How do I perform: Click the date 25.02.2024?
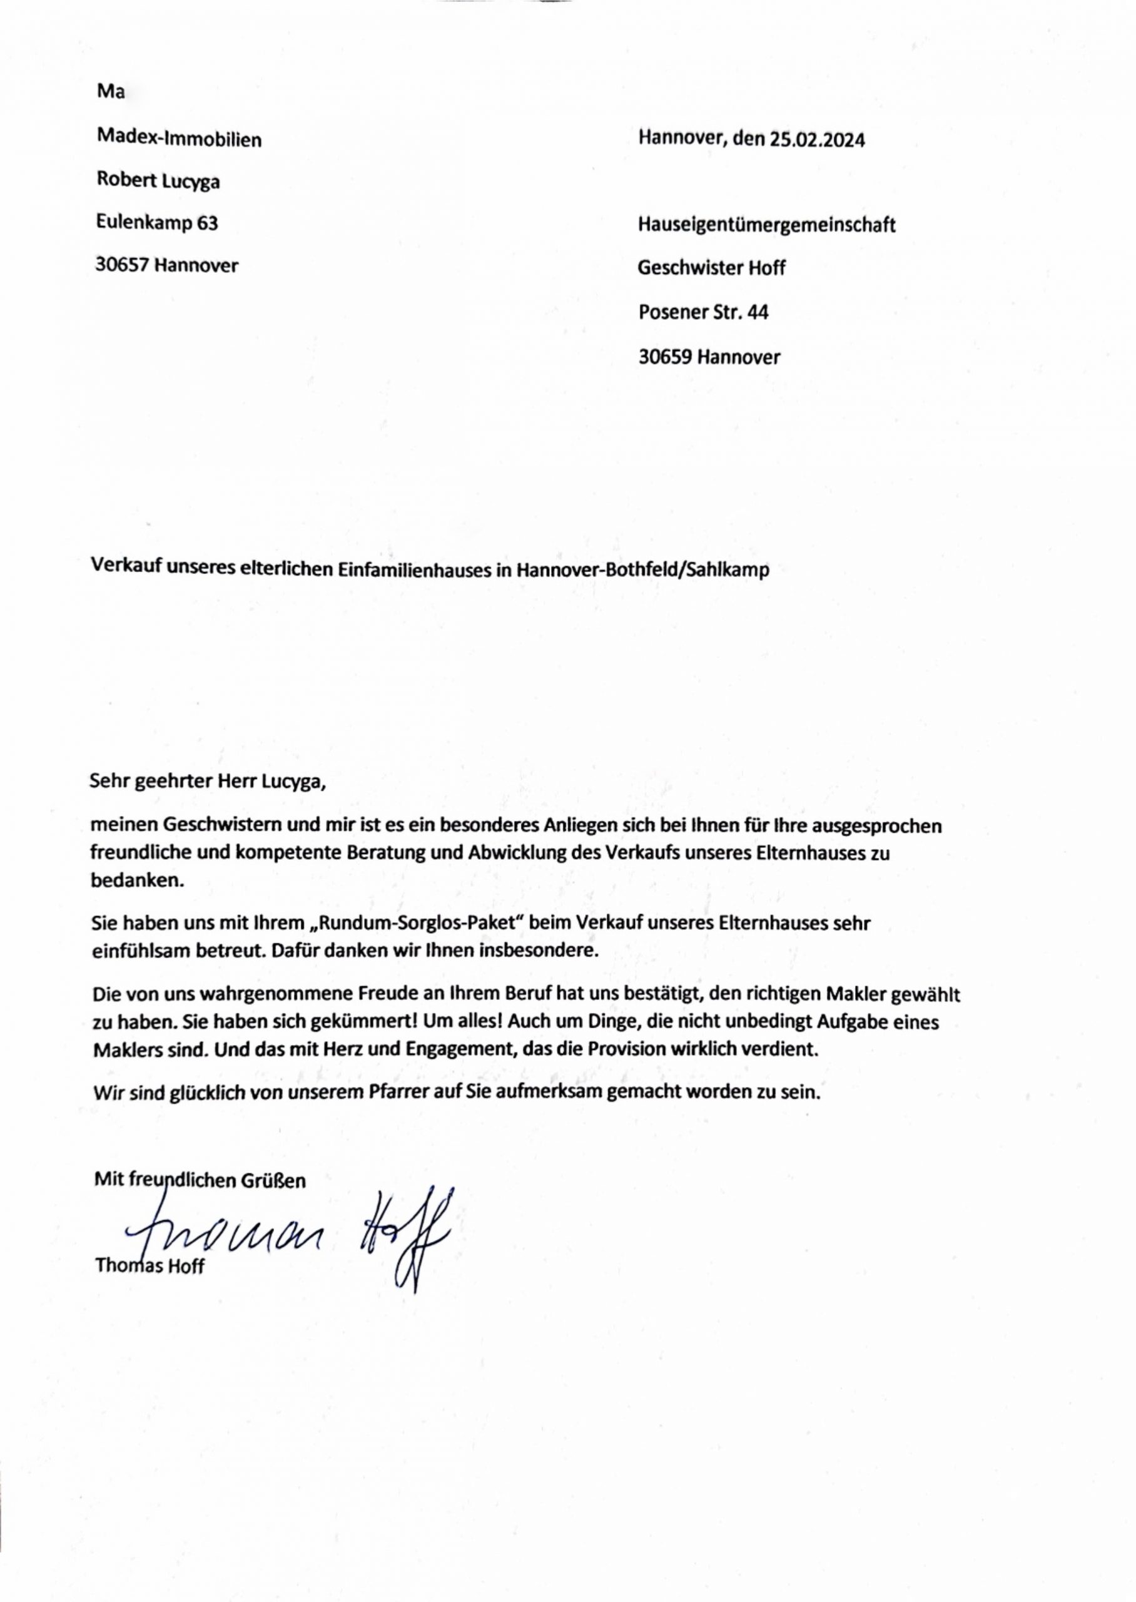click(817, 141)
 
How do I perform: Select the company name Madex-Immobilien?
click(179, 139)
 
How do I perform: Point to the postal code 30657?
click(123, 266)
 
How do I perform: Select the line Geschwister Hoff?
click(711, 268)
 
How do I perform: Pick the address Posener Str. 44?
click(703, 313)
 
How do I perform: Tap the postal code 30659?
click(665, 357)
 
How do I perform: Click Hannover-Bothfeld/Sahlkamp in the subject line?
click(643, 569)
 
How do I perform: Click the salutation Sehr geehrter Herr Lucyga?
click(208, 782)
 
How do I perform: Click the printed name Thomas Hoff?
click(150, 1265)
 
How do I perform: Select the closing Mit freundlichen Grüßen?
click(200, 1181)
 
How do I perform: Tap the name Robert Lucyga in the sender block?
click(158, 181)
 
